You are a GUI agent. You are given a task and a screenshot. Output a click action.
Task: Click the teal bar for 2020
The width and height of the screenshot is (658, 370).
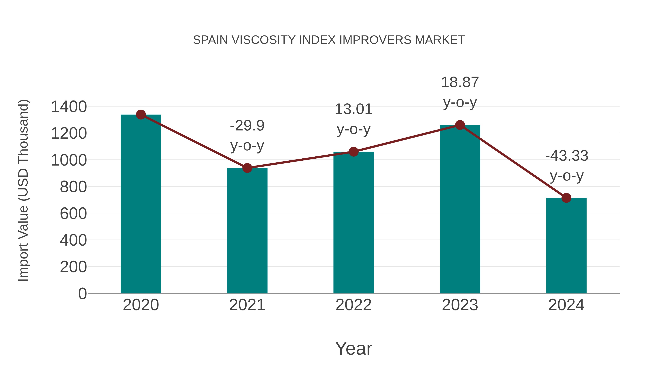coord(141,204)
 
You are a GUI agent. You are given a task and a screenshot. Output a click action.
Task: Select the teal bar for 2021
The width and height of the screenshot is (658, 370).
coord(247,231)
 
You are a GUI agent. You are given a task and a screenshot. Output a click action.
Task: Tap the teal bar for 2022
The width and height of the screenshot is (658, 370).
coord(353,223)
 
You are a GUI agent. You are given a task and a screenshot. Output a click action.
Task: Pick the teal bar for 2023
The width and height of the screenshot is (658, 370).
coord(460,209)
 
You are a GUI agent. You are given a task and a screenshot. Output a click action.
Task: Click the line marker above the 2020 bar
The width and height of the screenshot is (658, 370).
coord(141,115)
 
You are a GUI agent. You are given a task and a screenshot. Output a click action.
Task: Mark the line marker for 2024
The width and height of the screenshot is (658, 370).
coord(566,198)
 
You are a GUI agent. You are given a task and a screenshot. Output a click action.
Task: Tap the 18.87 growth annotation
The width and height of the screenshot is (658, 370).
coord(460,92)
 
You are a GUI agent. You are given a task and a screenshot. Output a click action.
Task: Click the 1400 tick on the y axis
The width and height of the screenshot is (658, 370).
coord(69,107)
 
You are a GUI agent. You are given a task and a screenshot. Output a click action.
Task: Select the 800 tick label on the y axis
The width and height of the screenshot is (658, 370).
coord(73,187)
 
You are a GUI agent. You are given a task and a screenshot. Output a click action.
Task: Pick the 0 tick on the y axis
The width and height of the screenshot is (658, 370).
coord(82,294)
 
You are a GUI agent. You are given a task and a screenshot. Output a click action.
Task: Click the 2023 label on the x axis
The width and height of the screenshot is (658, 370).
coord(460,305)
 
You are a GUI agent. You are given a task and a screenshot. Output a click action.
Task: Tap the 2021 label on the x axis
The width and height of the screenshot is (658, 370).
coord(247,305)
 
